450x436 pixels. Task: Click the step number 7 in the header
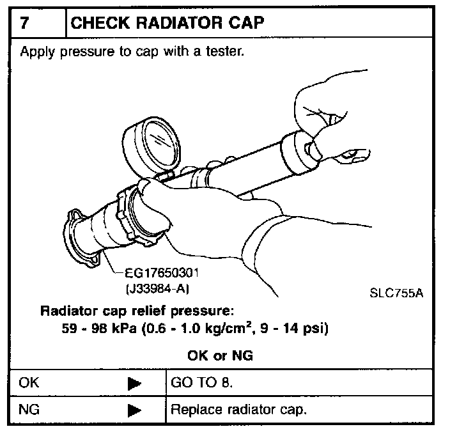click(24, 23)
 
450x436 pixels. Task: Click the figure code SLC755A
click(396, 293)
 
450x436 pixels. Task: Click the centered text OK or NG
click(220, 356)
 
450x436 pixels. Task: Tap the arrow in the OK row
click(134, 384)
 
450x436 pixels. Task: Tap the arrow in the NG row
click(134, 410)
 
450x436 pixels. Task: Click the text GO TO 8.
click(201, 383)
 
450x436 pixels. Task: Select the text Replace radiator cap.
click(239, 409)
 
